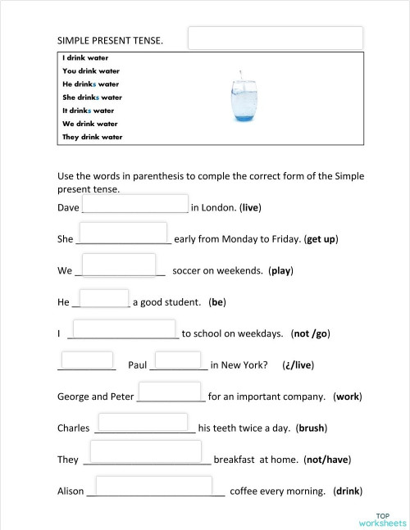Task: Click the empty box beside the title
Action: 276,38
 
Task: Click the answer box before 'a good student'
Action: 104,297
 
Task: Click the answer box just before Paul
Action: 88,360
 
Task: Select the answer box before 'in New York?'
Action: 178,360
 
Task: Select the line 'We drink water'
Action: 90,124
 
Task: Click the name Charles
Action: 73,428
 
